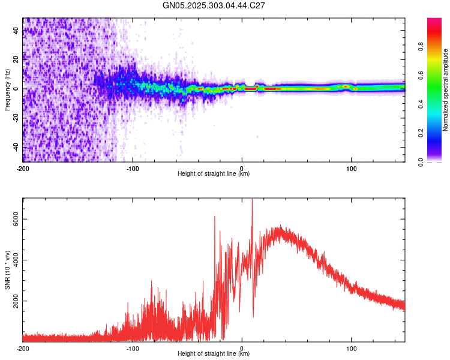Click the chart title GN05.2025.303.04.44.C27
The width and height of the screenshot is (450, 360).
point(214,5)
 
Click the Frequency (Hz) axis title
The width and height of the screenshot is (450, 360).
point(7,90)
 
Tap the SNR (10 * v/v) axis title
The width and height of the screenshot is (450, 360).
point(7,269)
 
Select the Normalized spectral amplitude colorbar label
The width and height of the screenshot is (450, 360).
point(445,90)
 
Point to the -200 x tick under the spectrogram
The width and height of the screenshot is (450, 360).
point(23,168)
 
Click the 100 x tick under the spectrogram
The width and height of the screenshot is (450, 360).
point(352,168)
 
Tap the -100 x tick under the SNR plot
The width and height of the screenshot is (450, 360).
point(133,348)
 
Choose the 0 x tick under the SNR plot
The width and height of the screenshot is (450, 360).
point(242,348)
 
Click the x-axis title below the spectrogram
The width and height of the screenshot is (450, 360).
point(214,174)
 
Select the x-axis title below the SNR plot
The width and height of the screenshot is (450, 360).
point(214,354)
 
